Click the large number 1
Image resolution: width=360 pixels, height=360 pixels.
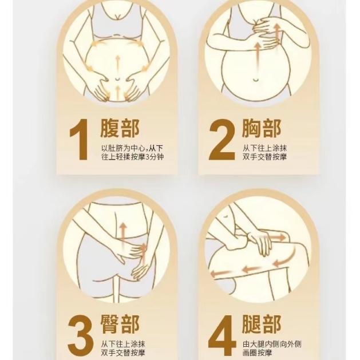79,139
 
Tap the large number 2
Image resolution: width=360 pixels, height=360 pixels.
222,139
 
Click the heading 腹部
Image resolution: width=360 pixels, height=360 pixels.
120,128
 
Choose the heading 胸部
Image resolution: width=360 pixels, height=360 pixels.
262,128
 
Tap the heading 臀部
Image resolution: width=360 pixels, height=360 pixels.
120,325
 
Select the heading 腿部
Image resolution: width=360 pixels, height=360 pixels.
262,325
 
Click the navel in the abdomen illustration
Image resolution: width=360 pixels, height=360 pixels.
117,79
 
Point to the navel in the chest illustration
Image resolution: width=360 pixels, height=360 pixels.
256,80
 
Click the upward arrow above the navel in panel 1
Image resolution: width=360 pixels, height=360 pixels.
117,63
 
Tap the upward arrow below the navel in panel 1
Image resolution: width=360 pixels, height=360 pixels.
118,93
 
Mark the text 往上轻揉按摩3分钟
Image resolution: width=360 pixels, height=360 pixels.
133,157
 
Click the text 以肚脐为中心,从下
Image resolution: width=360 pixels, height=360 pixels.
132,148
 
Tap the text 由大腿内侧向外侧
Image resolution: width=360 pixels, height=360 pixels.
272,344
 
